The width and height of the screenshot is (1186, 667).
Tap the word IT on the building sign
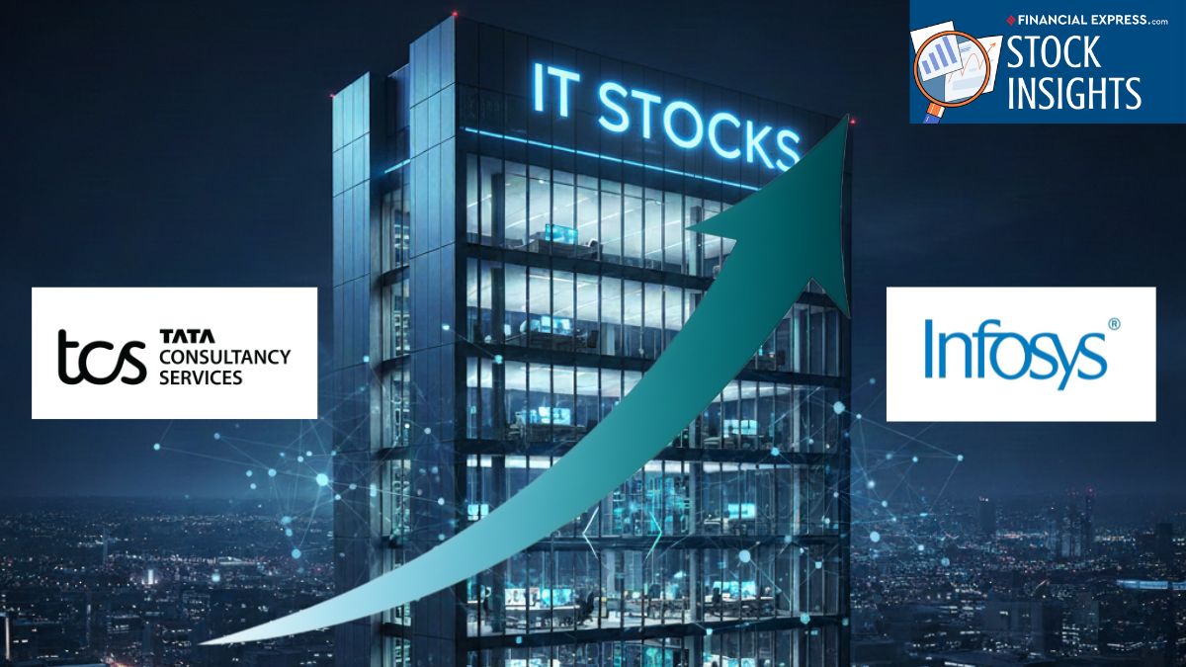[x=553, y=90]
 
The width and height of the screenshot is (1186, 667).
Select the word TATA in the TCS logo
[x=187, y=336]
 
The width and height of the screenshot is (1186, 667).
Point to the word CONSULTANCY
[x=225, y=357]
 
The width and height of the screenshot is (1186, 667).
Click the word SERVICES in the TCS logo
[x=201, y=377]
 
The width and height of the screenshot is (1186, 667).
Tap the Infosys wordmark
[x=1016, y=354]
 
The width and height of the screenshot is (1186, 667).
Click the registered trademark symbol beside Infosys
[x=1114, y=323]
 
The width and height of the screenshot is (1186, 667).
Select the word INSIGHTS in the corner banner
[x=1073, y=93]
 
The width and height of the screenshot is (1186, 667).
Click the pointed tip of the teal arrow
[x=848, y=115]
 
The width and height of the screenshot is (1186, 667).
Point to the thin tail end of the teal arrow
[x=202, y=643]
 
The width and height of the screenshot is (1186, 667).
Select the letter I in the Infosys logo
[x=930, y=348]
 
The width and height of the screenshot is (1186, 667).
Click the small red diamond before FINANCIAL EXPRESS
[x=1011, y=21]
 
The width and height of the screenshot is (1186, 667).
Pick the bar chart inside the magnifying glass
[x=938, y=57]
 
